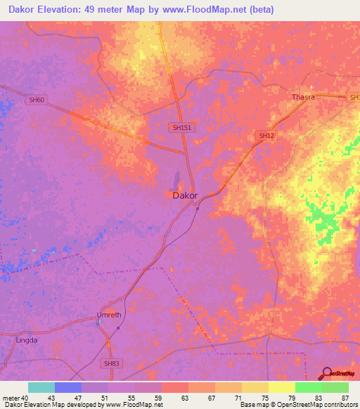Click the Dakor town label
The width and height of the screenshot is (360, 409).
pos(185,196)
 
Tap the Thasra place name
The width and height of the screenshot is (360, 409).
pos(303,97)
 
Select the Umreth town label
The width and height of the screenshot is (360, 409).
pos(109,315)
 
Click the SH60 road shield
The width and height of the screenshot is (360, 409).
pos(36,100)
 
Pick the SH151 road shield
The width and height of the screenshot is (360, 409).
pos(181,127)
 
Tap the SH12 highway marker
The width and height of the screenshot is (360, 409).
pos(265,136)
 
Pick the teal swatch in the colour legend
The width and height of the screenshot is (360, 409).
pos(41,387)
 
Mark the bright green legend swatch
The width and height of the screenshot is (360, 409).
pos(309,387)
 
